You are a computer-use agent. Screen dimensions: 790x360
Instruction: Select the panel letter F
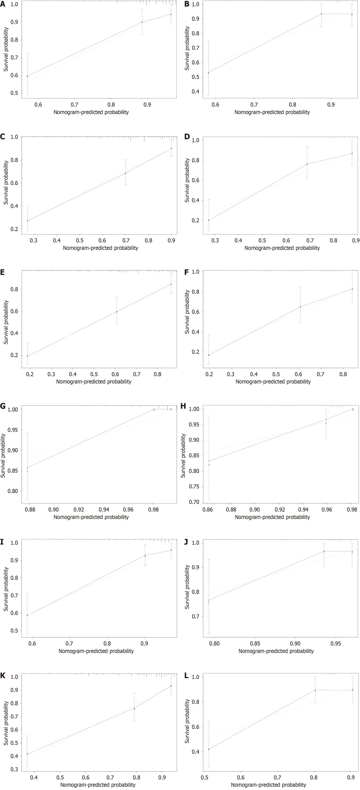(x=187, y=272)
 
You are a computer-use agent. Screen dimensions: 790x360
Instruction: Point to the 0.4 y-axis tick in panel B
(x=195, y=92)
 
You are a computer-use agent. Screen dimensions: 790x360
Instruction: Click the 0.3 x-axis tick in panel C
(x=33, y=240)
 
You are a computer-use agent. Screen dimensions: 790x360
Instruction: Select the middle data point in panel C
(x=125, y=173)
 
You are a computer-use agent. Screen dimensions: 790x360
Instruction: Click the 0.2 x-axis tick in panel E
(x=30, y=374)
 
